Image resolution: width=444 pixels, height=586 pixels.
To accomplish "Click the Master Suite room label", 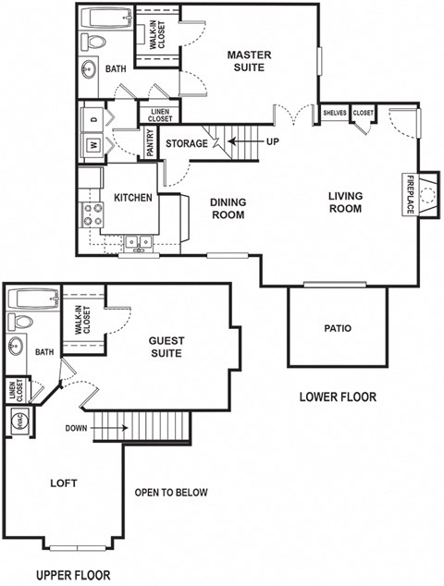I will [249, 61].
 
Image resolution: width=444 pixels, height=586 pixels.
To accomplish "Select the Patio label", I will [337, 328].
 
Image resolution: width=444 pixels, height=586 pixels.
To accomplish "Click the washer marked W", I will [93, 145].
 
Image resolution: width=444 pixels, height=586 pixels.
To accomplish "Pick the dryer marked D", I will [93, 118].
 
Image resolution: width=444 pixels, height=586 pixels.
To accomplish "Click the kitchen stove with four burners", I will [93, 214].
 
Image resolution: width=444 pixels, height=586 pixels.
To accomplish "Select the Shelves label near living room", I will [334, 113].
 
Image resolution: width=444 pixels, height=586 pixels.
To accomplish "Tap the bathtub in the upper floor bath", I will [32, 299].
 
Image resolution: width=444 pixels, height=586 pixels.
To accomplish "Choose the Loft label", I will [64, 483].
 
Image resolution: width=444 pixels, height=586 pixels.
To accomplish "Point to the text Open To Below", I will [171, 492].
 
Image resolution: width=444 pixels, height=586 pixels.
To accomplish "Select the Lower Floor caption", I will [339, 397].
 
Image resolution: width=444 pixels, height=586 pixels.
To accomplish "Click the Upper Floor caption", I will [73, 574].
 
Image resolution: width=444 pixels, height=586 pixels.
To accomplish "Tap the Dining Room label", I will [227, 209].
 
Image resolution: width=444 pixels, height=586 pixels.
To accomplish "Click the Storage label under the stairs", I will [187, 143].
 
